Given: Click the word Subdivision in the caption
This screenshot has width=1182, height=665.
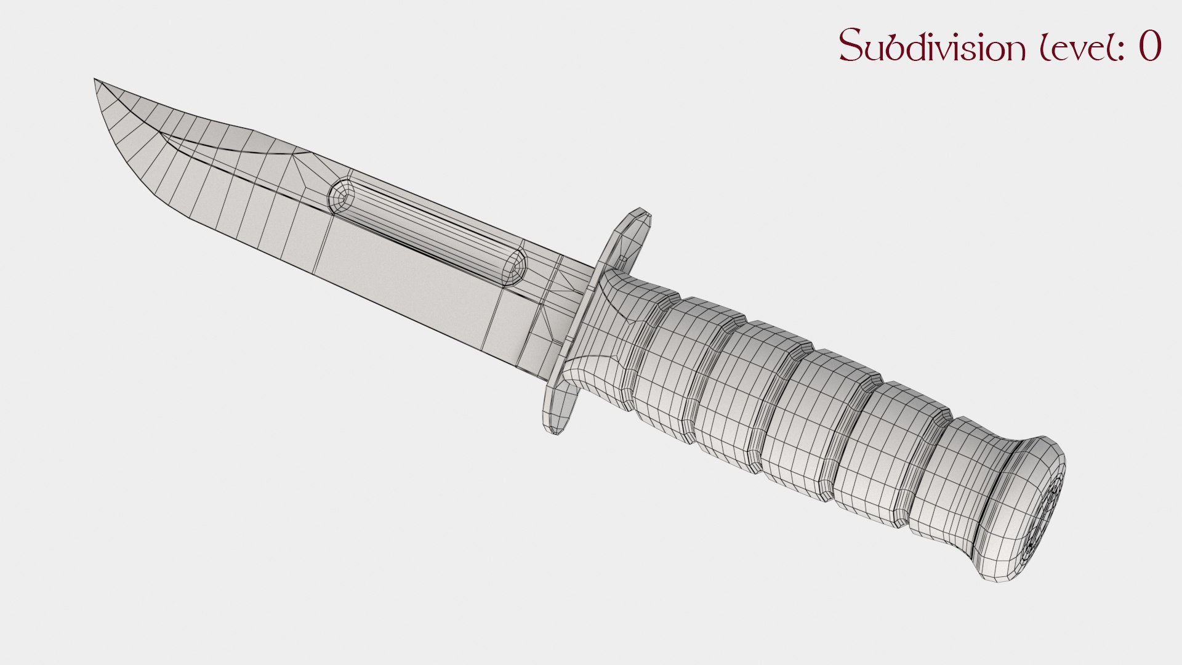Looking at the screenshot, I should click(x=929, y=46).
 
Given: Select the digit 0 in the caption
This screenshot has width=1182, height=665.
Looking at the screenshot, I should click(x=1149, y=46).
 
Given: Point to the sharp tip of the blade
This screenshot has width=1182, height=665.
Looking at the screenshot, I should click(x=95, y=80).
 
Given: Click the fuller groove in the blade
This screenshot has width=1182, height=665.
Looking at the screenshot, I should click(x=425, y=228).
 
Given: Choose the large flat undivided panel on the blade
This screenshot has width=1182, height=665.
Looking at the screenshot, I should click(x=406, y=271).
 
